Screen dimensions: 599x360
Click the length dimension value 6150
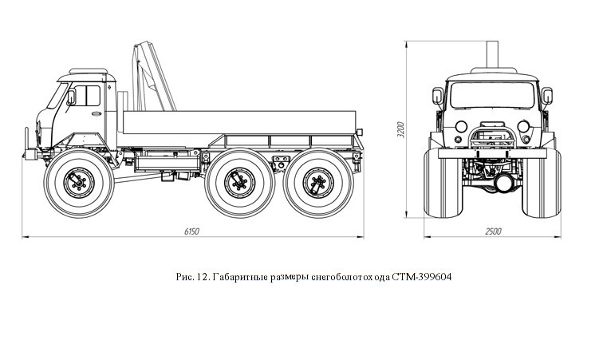191,231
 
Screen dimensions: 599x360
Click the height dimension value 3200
400,130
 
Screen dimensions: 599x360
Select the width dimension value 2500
493,231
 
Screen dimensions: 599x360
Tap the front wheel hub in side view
79,183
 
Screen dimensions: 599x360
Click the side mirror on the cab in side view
71,97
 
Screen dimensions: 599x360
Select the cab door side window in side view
87,96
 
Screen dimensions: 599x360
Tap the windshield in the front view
492,95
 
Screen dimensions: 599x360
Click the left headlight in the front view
461,126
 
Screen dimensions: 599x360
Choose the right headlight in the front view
523,126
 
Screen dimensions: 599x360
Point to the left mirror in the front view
438,96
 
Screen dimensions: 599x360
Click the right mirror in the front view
547,96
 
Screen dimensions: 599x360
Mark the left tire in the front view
443,184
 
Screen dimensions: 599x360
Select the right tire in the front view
542,184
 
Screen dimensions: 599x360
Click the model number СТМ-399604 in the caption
421,277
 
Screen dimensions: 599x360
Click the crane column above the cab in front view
492,54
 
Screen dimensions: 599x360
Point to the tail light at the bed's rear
359,132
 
